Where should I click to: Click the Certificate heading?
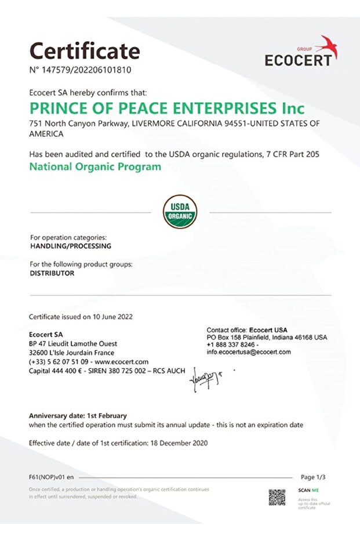point(85,50)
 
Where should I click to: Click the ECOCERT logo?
point(301,53)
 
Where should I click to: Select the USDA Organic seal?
point(180,212)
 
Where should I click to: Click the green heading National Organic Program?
point(95,167)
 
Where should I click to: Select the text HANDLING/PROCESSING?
point(70,246)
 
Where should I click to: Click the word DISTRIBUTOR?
point(52,273)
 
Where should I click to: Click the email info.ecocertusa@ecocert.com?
point(249,352)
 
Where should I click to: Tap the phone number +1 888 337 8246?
point(231,345)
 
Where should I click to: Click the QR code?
point(277,497)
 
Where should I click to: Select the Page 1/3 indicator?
point(313,477)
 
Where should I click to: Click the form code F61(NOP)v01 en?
point(52,477)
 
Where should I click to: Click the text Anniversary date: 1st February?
point(78,416)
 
